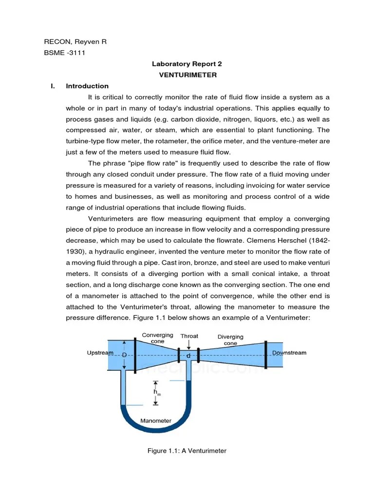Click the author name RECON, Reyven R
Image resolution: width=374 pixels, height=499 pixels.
(75, 42)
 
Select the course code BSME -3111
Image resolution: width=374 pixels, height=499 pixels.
(65, 53)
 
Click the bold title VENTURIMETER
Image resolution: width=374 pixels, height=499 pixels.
(188, 75)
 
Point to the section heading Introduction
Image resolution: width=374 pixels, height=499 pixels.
(87, 86)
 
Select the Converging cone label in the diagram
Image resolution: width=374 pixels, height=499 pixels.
(157, 338)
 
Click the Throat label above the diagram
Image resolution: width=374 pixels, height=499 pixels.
(189, 336)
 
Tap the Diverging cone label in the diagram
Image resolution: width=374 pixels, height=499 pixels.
(230, 340)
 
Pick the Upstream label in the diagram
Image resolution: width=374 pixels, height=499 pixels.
(100, 353)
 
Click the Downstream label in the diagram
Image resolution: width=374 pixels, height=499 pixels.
(289, 353)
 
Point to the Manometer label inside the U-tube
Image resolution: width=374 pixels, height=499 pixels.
(156, 421)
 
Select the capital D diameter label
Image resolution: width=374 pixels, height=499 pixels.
(124, 355)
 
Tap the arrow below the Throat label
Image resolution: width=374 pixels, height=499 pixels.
(189, 344)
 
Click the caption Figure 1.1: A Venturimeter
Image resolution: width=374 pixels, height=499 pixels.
(187, 451)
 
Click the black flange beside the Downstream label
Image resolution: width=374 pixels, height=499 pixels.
(265, 353)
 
